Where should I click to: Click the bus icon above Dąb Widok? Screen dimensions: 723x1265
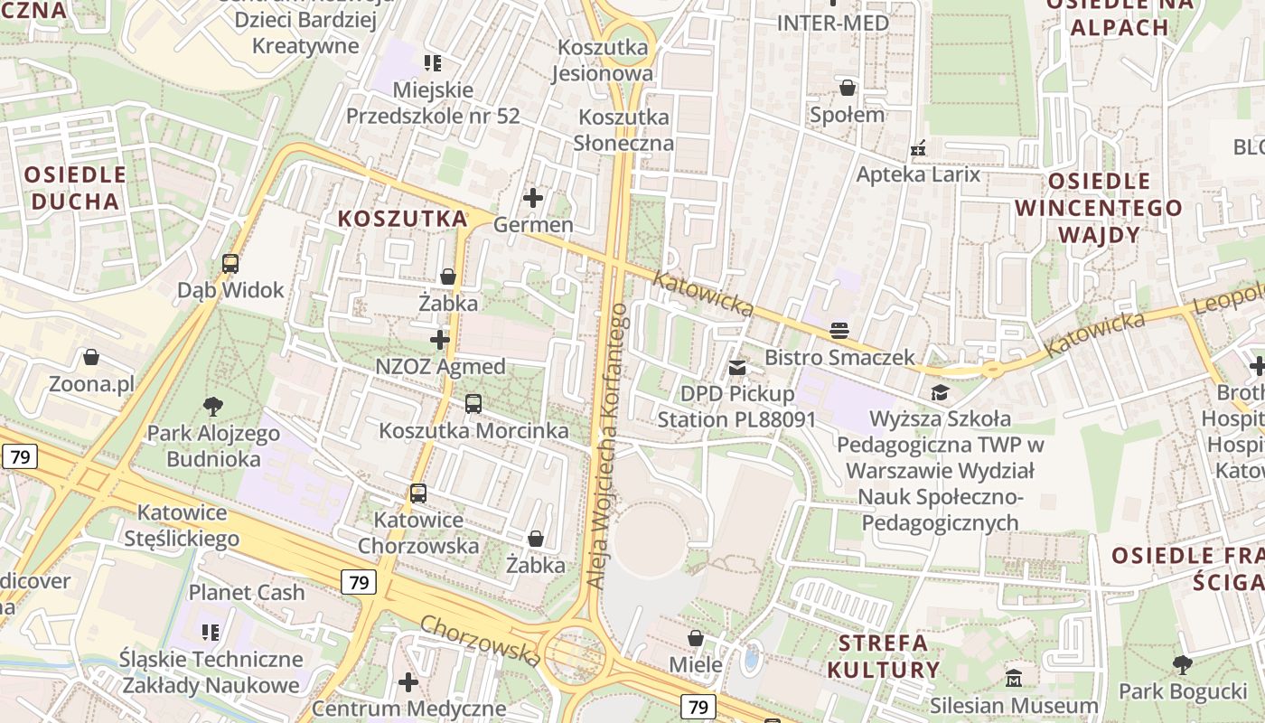pos(230,264)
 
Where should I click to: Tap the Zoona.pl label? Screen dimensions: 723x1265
pos(91,384)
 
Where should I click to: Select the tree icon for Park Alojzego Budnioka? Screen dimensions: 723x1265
pos(214,406)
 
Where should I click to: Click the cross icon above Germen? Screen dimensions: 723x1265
pos(533,197)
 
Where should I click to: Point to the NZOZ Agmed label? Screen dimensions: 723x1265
pos(440,366)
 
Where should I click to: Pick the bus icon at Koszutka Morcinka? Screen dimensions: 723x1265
pos(473,404)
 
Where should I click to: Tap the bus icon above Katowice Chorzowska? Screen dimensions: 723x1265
pos(417,493)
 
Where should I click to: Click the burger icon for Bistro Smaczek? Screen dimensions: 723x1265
pos(839,331)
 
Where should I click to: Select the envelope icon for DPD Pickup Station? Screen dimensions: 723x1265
pos(737,367)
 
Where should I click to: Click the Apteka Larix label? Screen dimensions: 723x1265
pos(918,174)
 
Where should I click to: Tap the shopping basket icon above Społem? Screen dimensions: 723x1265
pos(847,88)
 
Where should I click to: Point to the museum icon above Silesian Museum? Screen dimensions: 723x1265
pos(1014,678)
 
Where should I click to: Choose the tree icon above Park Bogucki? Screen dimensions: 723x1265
pos(1182,665)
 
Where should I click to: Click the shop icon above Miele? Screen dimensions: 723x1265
pos(696,639)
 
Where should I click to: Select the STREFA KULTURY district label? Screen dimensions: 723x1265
pos(882,656)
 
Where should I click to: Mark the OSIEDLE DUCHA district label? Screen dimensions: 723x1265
pos(75,188)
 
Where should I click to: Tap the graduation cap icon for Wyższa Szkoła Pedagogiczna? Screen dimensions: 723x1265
pos(940,392)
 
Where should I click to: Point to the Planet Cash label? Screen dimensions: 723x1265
pos(247,593)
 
